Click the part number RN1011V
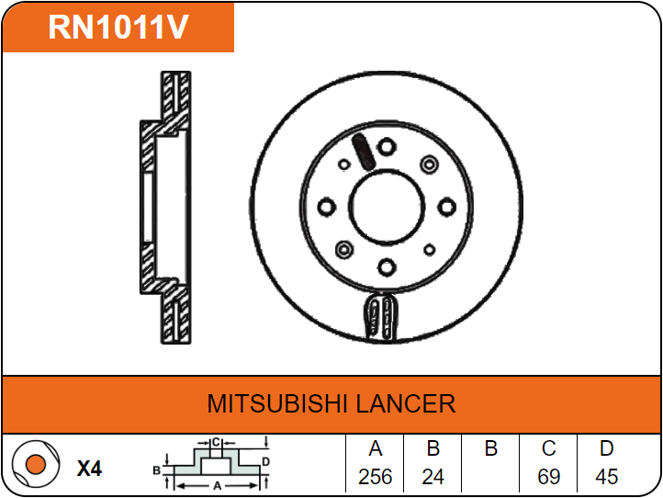(118, 28)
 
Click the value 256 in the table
(375, 477)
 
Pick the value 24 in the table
(433, 477)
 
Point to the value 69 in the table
(548, 477)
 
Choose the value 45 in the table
(606, 477)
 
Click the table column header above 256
(375, 449)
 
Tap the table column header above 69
(548, 449)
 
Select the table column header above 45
(606, 449)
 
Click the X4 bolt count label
(89, 469)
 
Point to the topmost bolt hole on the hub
(387, 145)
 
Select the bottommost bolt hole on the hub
(387, 266)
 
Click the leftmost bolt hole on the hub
(326, 206)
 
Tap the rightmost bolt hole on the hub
(447, 206)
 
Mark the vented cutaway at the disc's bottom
(381, 316)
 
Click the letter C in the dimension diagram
(215, 443)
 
